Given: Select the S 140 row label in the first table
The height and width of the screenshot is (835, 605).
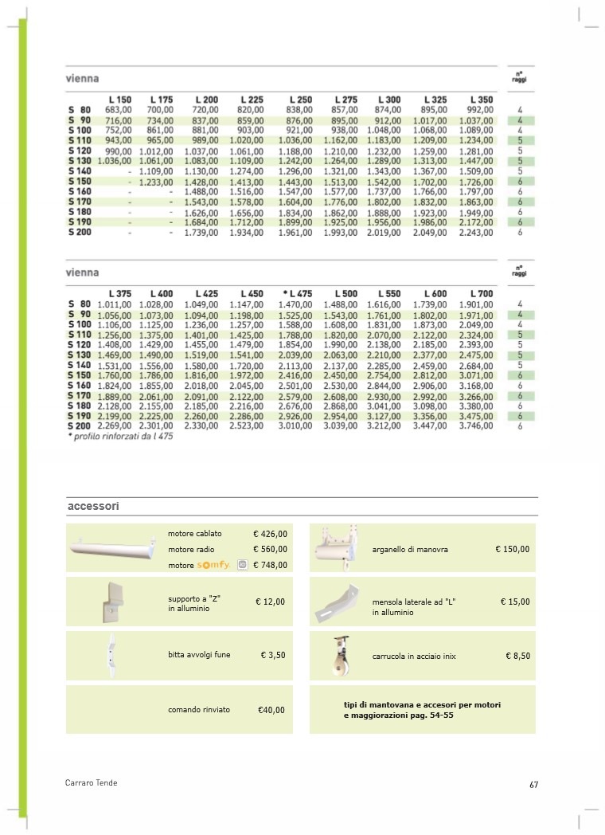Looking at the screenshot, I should coord(80,171).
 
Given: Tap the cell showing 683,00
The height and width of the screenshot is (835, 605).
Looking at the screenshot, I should coord(119,109).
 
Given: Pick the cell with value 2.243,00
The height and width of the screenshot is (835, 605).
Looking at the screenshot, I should coord(476,233).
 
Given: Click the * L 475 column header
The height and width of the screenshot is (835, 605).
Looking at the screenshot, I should coord(297,294).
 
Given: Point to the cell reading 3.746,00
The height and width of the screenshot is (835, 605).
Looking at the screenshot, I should coord(476,426).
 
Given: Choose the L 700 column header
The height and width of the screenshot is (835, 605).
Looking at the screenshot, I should coord(482,294).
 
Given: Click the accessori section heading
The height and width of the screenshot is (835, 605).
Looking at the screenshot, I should coord(93,506).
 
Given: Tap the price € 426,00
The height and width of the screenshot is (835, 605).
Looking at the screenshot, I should coord(270,534).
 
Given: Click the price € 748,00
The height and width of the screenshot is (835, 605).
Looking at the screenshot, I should coord(270,565).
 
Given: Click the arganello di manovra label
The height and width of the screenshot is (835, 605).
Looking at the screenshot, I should coord(410,550).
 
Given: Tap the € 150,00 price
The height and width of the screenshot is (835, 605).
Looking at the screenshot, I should coord(512,549).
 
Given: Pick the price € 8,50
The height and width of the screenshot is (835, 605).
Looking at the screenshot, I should coord(517,656).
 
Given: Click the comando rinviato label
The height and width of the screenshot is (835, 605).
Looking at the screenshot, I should coord(199,709).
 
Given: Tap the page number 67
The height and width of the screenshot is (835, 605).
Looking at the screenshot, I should coord(534,784).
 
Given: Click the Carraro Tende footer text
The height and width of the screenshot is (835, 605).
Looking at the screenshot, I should coord(91,783).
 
